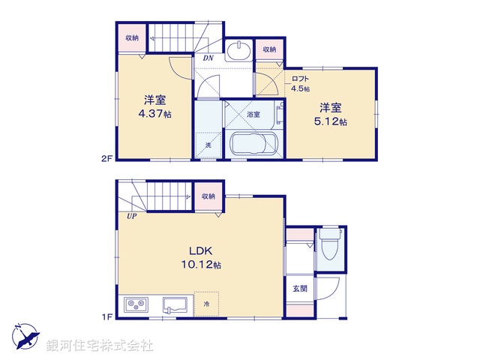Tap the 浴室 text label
click(253, 115)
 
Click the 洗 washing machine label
click(208, 144)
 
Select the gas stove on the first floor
click(137, 305)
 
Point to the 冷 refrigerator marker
click(207, 304)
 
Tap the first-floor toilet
click(328, 243)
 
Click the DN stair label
click(208, 57)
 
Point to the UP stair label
click(131, 217)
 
